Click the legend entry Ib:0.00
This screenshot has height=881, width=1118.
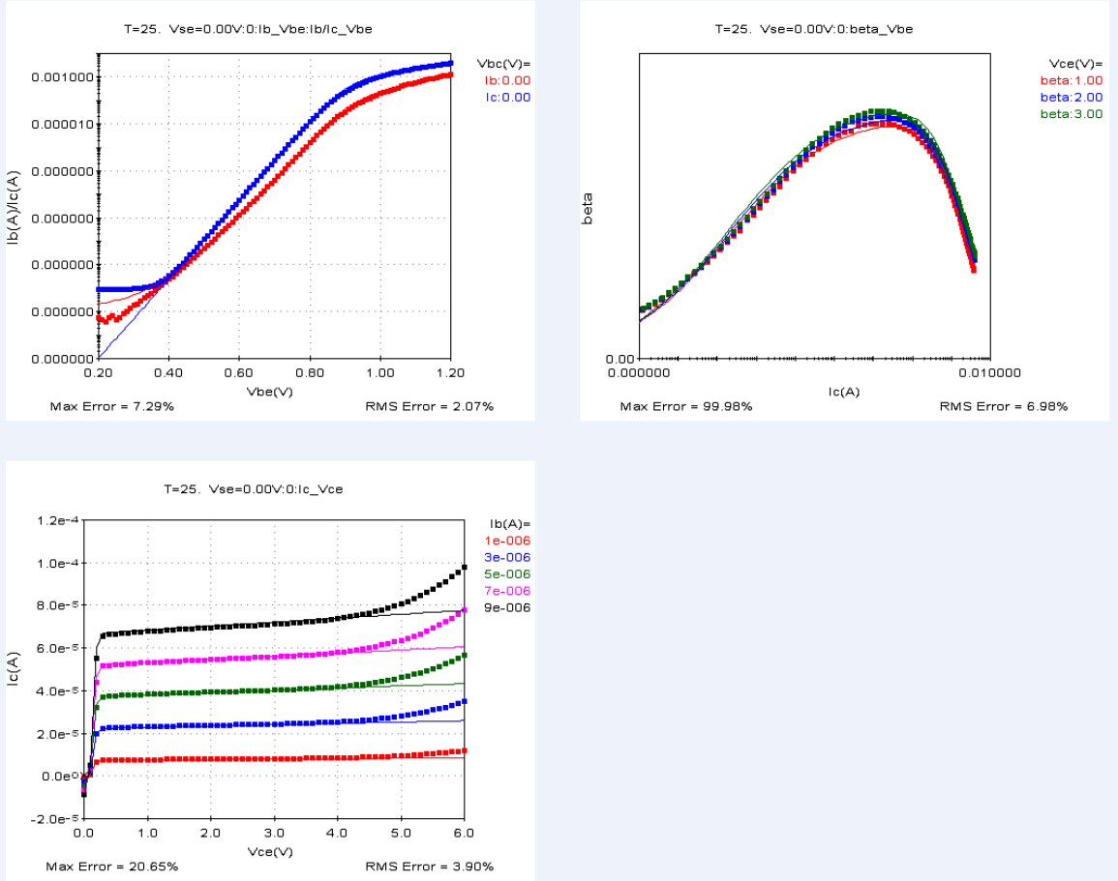click(507, 80)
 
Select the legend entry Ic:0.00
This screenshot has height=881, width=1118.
click(507, 97)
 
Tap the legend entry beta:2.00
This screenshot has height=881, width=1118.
click(1072, 98)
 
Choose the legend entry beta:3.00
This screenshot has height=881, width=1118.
click(1072, 114)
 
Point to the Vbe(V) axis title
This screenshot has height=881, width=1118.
click(270, 391)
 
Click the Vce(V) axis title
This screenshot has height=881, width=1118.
click(271, 851)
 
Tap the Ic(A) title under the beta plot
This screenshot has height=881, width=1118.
click(842, 391)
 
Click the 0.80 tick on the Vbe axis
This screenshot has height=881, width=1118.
click(310, 372)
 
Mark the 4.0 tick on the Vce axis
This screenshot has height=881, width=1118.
click(337, 832)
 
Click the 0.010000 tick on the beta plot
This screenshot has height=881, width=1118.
click(988, 372)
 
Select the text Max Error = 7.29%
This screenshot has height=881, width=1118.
click(112, 406)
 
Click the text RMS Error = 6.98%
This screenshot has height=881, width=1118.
click(1004, 406)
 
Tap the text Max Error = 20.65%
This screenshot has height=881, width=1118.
click(112, 866)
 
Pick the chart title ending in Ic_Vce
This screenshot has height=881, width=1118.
click(254, 489)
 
